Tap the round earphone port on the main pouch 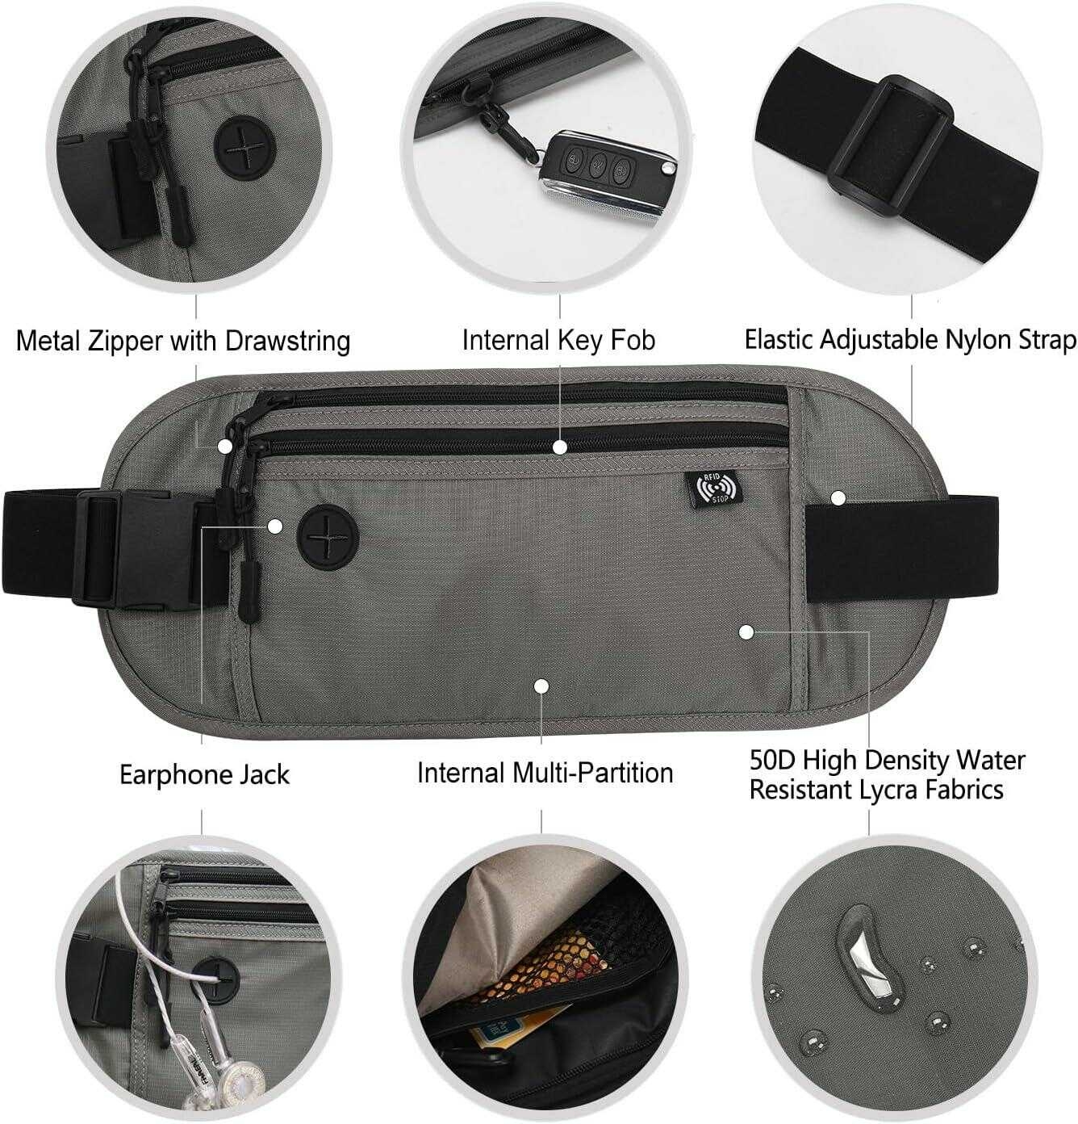328,537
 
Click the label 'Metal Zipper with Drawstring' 183,340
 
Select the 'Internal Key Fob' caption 558,340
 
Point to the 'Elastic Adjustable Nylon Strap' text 910,339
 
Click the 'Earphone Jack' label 204,774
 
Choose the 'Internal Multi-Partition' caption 545,773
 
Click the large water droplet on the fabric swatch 867,961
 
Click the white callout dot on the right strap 838,497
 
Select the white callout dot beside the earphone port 275,526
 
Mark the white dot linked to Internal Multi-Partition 541,686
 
